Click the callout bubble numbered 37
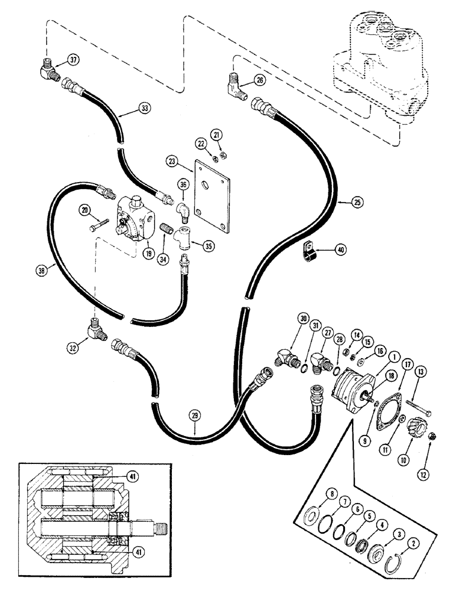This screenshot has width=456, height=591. coord(73,60)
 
